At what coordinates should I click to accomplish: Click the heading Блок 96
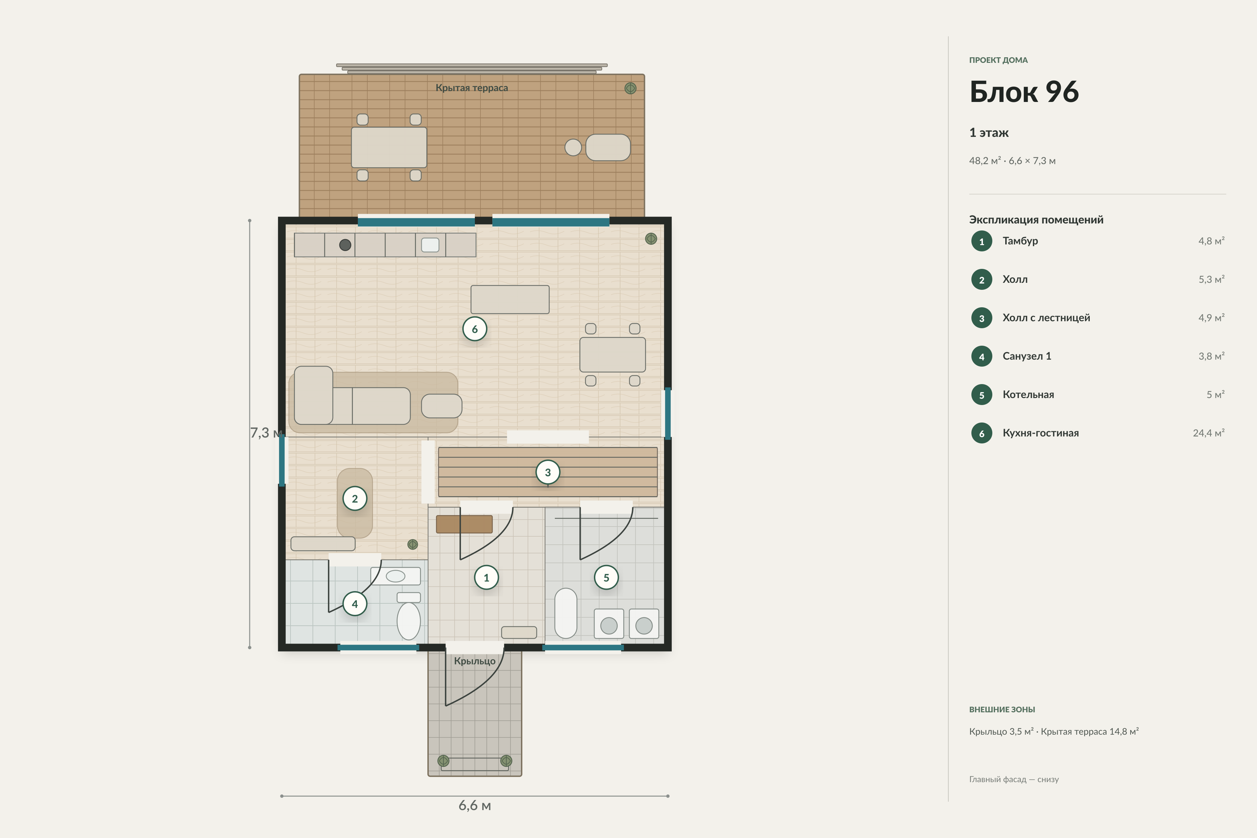(1024, 91)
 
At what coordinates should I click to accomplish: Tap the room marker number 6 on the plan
(475, 329)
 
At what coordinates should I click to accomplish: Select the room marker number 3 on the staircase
(548, 472)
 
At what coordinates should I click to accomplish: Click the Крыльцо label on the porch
(475, 661)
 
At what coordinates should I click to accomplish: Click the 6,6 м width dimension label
(475, 806)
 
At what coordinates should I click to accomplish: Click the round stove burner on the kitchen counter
(345, 245)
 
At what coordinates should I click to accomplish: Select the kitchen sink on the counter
(430, 245)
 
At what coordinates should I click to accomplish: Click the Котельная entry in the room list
(1028, 395)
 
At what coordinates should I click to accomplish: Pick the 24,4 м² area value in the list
(1208, 433)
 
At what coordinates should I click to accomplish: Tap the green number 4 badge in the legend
(982, 356)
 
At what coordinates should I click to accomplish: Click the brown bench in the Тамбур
(464, 524)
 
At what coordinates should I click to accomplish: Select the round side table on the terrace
(573, 147)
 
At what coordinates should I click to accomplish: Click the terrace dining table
(389, 147)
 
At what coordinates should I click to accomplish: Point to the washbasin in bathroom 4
(396, 576)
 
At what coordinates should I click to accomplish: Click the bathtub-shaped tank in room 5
(566, 613)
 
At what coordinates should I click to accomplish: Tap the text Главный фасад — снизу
(1014, 779)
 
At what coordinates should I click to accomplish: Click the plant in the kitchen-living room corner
(651, 239)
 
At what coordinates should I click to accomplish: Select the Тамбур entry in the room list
(1020, 241)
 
